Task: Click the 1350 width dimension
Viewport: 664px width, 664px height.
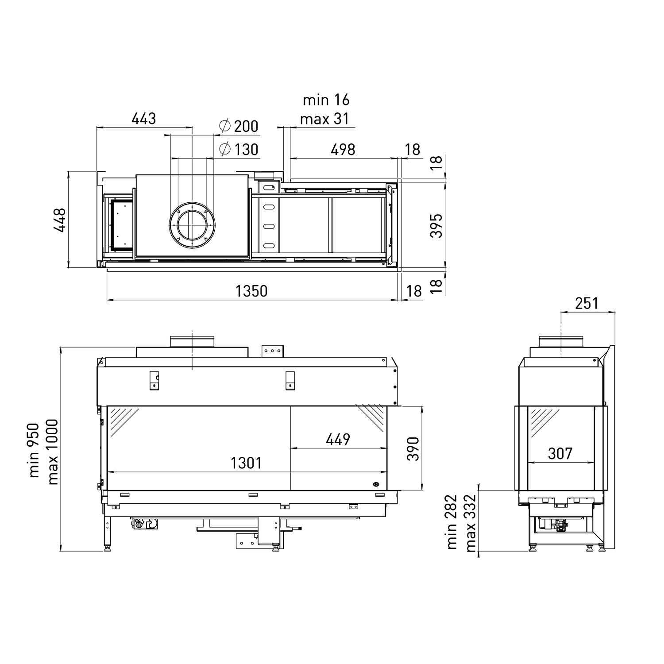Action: tap(251, 291)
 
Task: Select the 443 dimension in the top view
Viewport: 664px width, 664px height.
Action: tap(144, 119)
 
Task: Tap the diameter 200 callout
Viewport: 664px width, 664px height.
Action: tap(239, 126)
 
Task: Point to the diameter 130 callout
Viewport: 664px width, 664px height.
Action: tap(239, 149)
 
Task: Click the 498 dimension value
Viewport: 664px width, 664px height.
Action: tap(343, 150)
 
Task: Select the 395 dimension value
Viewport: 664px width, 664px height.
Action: tap(436, 226)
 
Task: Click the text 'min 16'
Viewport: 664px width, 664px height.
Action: tap(326, 100)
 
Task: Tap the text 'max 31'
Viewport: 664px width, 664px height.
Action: tap(324, 119)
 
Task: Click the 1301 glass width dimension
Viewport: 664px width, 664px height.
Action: tap(246, 463)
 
